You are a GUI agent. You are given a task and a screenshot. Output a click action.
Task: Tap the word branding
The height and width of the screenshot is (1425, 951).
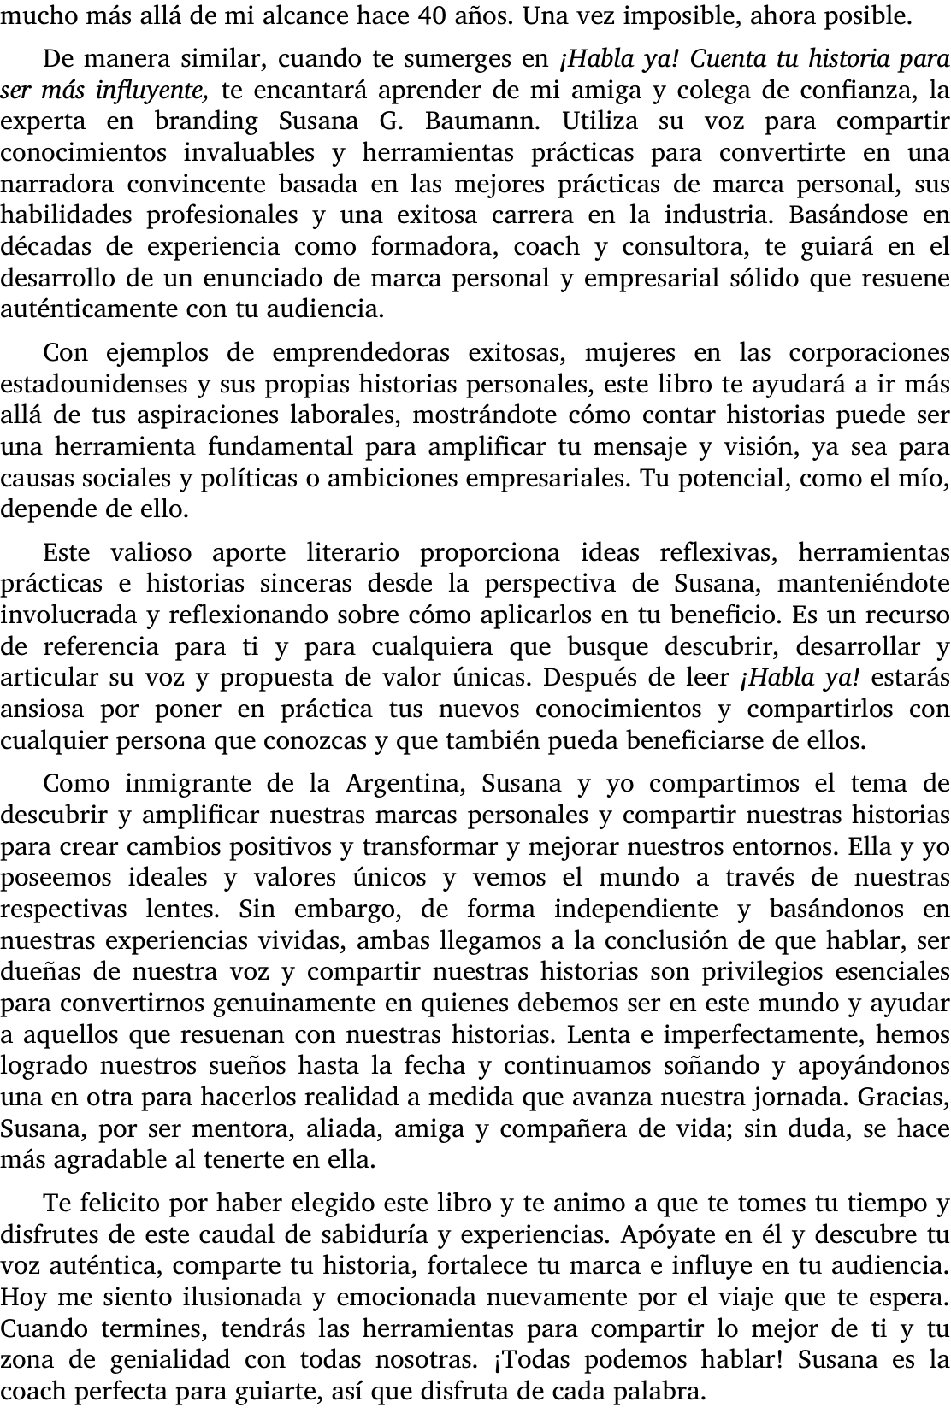206,121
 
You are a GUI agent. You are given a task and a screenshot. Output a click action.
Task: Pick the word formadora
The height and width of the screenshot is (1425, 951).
434,247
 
